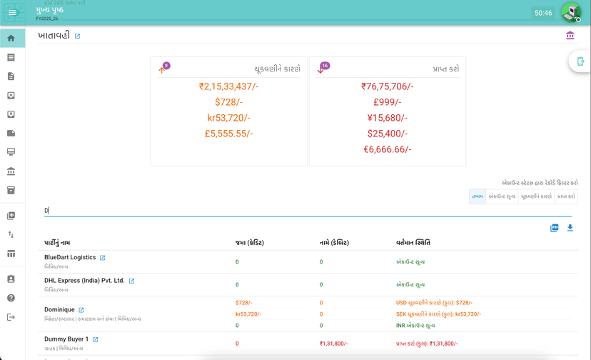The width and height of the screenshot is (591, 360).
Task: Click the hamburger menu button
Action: point(12,13)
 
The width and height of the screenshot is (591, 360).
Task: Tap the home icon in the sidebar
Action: point(11,39)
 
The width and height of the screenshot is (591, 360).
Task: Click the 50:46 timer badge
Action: point(543,13)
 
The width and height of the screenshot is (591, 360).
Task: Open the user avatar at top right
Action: point(570,12)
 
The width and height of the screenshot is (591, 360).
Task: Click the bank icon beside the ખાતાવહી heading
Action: point(570,36)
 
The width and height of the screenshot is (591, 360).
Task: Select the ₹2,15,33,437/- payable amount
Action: point(228,86)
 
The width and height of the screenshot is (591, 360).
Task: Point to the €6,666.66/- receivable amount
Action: point(387,149)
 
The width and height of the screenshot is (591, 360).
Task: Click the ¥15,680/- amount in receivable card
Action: point(387,118)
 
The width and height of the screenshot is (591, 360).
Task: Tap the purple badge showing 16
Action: point(325,66)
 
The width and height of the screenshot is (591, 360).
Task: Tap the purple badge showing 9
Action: point(166,66)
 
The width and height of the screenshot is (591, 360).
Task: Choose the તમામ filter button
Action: point(477,196)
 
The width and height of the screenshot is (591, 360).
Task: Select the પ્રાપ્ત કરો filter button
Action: point(566,196)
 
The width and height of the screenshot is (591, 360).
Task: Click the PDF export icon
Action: point(554,228)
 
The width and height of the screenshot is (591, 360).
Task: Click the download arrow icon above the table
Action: point(570,228)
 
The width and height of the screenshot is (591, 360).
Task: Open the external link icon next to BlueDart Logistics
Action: point(103,258)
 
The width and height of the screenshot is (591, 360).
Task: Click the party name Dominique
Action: point(59,310)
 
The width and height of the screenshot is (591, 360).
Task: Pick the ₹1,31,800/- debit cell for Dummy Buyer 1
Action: point(333,344)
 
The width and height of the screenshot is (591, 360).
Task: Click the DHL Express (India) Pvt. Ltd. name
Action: point(84,281)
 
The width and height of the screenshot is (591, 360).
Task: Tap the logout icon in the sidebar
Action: point(11,317)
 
